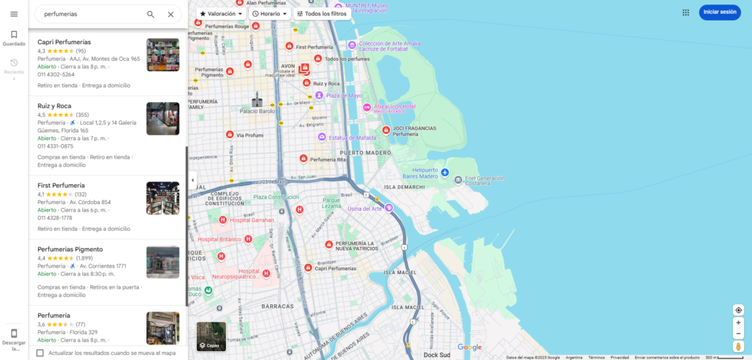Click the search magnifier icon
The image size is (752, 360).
click(151, 14)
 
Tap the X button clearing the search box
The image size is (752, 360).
click(170, 14)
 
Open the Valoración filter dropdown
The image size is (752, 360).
click(221, 14)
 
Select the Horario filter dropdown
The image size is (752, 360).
click(270, 14)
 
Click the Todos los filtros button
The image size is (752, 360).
click(320, 14)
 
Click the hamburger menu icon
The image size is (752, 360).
click(14, 14)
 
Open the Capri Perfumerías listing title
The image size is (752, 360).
click(64, 42)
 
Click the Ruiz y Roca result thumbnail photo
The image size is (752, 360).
click(162, 118)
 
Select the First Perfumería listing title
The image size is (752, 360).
click(61, 185)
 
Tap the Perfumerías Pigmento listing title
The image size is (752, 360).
click(70, 249)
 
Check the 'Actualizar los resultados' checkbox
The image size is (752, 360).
click(40, 353)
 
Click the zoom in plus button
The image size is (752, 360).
click(738, 323)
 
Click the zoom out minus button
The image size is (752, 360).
click(738, 334)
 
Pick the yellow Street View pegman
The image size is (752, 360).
click(738, 346)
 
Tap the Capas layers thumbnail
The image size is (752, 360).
click(211, 336)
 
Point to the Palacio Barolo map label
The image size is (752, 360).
click(256, 111)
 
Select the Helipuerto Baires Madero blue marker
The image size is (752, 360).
click(444, 172)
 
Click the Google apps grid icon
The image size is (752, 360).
click(685, 12)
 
